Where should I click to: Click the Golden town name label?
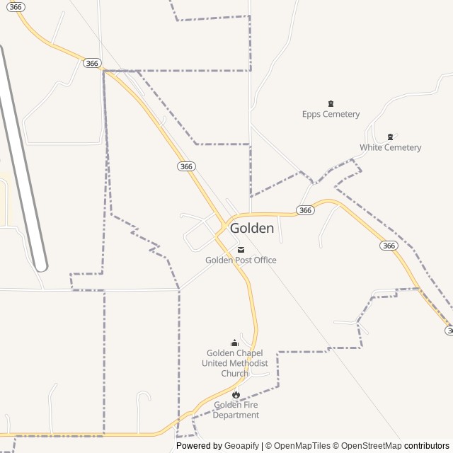pyautogui.click(x=251, y=229)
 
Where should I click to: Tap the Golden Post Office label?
pyautogui.click(x=241, y=260)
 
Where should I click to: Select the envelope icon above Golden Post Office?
pyautogui.click(x=241, y=249)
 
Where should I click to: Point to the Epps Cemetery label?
pyautogui.click(x=331, y=114)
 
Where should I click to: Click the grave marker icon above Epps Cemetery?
pyautogui.click(x=331, y=103)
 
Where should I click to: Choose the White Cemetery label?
pyautogui.click(x=390, y=147)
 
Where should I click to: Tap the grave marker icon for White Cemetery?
pyautogui.click(x=390, y=137)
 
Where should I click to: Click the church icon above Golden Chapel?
pyautogui.click(x=235, y=343)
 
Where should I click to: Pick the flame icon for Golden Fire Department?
pyautogui.click(x=236, y=394)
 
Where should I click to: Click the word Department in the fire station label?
pyautogui.click(x=236, y=415)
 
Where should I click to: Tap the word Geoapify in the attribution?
pyautogui.click(x=241, y=446)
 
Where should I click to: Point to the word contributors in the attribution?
pyautogui.click(x=427, y=446)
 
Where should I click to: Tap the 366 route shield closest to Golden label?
pyautogui.click(x=305, y=210)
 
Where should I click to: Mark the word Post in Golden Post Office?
pyautogui.click(x=241, y=260)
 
